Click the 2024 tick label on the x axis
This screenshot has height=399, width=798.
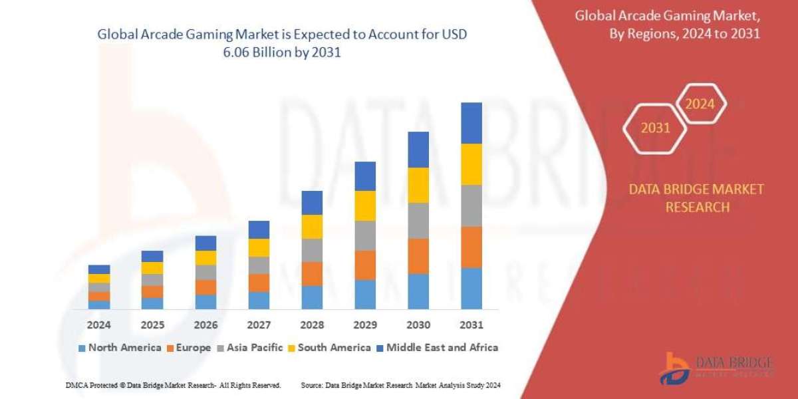[99, 326]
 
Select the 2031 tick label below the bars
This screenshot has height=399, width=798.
[471, 326]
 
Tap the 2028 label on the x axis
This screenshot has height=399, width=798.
[312, 326]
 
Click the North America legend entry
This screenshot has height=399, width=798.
[120, 348]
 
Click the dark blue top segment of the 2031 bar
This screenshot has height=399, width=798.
[471, 123]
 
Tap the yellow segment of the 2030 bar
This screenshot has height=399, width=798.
[418, 185]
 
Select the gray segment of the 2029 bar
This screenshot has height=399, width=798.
[365, 235]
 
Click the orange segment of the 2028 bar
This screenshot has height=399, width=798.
[312, 274]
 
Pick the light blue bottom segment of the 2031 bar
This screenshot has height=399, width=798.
[471, 289]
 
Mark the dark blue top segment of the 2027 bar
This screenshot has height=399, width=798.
[259, 229]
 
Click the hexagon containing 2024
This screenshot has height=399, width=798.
[700, 104]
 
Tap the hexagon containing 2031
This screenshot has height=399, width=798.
[656, 128]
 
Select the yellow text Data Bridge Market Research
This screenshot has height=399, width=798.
[696, 198]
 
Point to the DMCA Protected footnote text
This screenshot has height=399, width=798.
[174, 385]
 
